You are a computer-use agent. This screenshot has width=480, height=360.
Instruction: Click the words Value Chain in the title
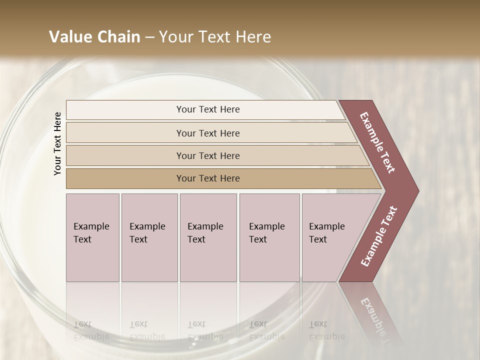94,37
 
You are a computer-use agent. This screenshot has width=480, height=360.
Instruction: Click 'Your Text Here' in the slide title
215,37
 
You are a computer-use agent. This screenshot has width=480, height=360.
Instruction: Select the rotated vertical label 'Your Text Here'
57,143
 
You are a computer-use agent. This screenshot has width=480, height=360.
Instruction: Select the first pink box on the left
92,260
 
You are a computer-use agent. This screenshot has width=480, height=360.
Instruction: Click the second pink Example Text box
149,260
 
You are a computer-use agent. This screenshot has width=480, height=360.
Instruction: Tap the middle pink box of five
208,260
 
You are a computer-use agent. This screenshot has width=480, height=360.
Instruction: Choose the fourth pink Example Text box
269,260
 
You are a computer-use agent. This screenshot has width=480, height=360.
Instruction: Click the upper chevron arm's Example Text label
377,142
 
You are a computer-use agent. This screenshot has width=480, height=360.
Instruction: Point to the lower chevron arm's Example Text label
379,236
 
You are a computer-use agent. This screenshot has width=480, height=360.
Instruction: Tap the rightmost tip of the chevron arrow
418,190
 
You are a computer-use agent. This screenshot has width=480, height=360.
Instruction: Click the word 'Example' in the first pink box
91,226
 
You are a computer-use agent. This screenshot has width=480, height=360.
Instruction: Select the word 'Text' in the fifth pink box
317,239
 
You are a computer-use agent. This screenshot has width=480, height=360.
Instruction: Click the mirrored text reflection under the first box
91,331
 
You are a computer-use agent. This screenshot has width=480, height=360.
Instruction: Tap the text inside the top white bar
208,109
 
